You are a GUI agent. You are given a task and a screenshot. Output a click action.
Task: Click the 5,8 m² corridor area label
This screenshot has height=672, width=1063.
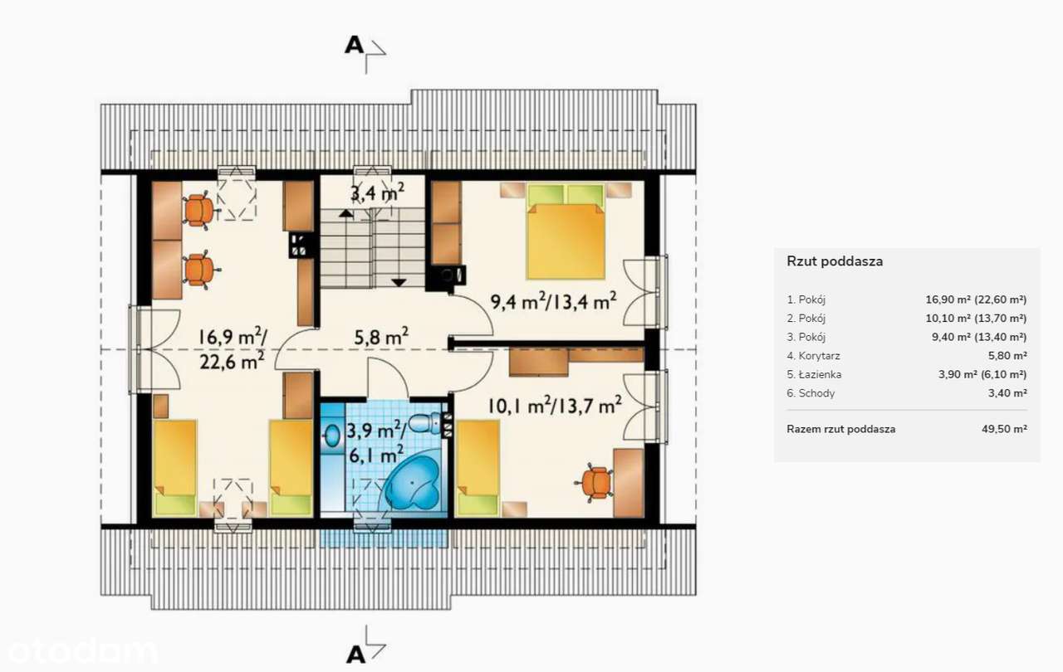pyautogui.click(x=381, y=337)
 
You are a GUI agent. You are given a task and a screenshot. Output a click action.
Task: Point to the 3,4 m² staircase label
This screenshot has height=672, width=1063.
pyautogui.click(x=377, y=192)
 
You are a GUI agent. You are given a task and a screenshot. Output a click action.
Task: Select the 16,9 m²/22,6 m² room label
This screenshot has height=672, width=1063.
pyautogui.click(x=233, y=348)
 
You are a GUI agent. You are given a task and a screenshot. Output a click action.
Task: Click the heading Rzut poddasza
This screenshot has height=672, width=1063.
pyautogui.click(x=835, y=261)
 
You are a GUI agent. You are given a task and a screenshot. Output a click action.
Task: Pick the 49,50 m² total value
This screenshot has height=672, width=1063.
pyautogui.click(x=1004, y=429)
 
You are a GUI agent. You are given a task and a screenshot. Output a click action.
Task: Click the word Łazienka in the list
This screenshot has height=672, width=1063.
pyautogui.click(x=820, y=374)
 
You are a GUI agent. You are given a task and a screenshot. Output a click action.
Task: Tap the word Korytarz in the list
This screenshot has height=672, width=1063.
pyautogui.click(x=819, y=356)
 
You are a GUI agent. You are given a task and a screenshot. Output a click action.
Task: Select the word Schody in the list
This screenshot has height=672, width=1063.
pyautogui.click(x=816, y=393)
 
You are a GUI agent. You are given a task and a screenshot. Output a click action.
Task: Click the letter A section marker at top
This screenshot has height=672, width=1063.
pyautogui.click(x=354, y=46)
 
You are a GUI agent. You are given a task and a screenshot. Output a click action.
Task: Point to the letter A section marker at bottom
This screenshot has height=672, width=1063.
pyautogui.click(x=356, y=655)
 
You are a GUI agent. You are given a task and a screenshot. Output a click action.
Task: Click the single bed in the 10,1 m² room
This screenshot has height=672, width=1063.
pyautogui.click(x=478, y=468)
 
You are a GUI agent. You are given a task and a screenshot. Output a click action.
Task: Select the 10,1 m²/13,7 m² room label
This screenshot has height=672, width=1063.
pyautogui.click(x=555, y=406)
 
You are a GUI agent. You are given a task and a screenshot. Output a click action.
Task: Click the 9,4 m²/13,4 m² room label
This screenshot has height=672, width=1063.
pyautogui.click(x=553, y=301)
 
